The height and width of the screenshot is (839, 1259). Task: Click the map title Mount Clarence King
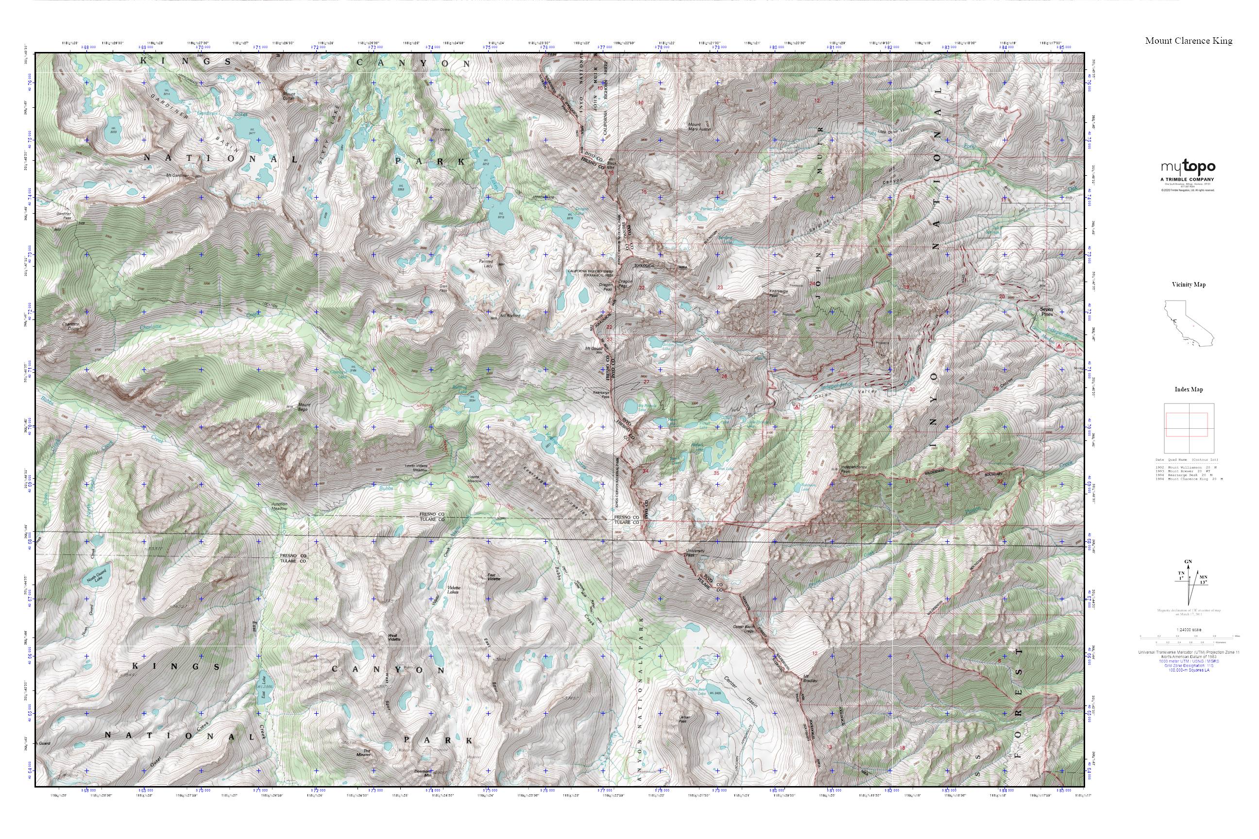pos(1189,41)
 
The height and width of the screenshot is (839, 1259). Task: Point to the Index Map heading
pos(1189,389)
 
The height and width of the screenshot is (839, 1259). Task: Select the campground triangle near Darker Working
pos(1058,346)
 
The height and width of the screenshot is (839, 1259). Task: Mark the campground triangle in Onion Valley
pos(797,407)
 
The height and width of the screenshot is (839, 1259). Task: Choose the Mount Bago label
pos(304,407)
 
